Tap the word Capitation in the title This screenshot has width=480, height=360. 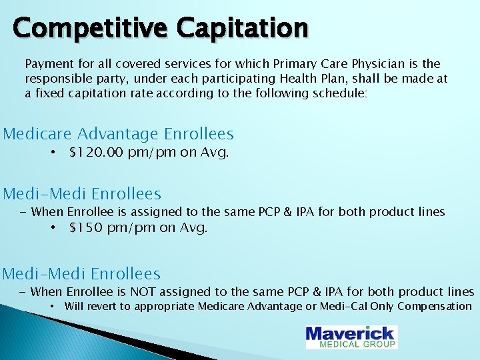243,28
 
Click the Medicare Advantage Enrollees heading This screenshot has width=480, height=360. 119,133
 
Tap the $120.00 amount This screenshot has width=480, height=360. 96,153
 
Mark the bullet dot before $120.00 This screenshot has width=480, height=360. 53,153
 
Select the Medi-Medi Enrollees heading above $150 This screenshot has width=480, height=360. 82,194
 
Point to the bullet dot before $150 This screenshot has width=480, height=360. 53,228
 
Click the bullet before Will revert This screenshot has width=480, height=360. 53,307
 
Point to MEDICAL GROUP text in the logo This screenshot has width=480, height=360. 358,344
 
